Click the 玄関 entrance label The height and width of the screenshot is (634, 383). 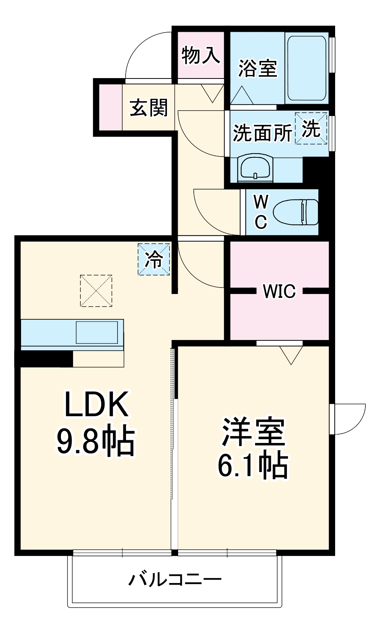tap(149, 108)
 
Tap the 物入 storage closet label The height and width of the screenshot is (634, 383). tap(201, 55)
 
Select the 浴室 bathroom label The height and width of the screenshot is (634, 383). tap(257, 68)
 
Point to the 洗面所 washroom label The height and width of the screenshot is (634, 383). tap(262, 133)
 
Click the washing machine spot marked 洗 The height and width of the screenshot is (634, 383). tap(311, 128)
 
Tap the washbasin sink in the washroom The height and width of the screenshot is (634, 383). tap(255, 168)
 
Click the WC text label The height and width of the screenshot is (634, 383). tap(261, 212)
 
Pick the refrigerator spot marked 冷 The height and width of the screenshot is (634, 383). tap(154, 260)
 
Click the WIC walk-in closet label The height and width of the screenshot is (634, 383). tap(279, 291)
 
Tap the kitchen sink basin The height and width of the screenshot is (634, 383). tap(97, 332)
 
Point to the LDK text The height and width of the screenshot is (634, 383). tap(96, 405)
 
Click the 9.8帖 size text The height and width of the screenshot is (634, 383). tap(96, 440)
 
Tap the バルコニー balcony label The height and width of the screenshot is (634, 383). tap(175, 579)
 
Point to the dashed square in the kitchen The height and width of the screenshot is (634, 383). tap(96, 291)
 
